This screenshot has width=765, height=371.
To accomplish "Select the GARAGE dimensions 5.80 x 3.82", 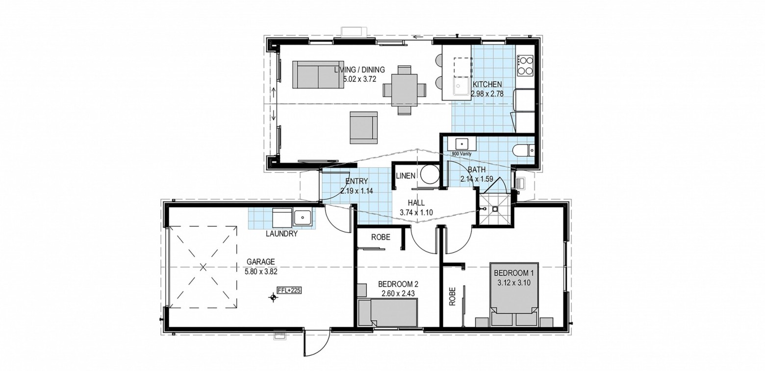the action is tap(261, 272).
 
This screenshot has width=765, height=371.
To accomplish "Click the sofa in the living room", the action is tap(318, 74).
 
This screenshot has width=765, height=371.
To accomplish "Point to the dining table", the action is tap(405, 90).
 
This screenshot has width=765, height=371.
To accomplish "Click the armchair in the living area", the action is tap(363, 127).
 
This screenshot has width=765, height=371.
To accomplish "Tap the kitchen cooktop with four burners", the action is tap(525, 66).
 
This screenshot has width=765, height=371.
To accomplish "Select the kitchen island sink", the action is tap(462, 86).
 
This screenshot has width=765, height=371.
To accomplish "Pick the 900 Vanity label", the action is tap(461, 154).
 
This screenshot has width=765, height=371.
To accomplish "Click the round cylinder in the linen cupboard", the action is tap(430, 175).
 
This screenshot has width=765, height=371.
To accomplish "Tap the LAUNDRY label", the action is tap(282, 234).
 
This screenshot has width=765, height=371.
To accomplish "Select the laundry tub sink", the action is tap(302, 218).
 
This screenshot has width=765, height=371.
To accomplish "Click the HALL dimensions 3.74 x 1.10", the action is tap(416, 212).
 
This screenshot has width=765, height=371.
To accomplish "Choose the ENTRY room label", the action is tap(357, 181).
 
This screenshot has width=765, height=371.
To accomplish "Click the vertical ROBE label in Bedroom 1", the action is tap(453, 296).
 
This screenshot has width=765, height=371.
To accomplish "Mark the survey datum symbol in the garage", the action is tap(273, 297).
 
